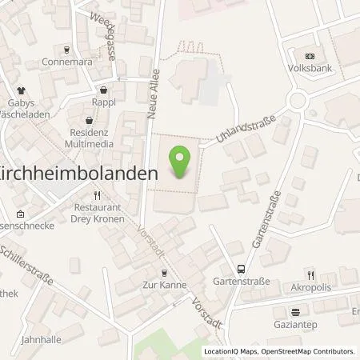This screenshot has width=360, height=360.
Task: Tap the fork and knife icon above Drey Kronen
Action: click(x=98, y=194)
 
